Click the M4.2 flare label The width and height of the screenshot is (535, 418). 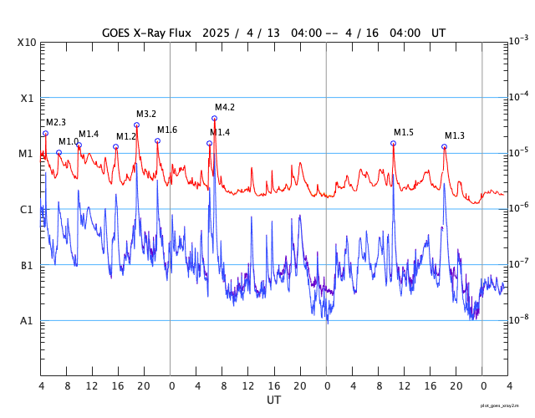pyautogui.click(x=225, y=108)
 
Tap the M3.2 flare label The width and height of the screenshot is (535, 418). pyautogui.click(x=146, y=115)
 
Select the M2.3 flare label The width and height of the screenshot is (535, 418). pyautogui.click(x=56, y=123)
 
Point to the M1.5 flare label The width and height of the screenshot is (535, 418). pyautogui.click(x=404, y=133)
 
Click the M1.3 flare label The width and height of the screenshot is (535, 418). pyautogui.click(x=455, y=136)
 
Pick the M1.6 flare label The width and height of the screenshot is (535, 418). pyautogui.click(x=167, y=130)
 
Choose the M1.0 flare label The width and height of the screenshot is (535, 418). pyautogui.click(x=69, y=142)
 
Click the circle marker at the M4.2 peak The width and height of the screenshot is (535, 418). pyautogui.click(x=214, y=118)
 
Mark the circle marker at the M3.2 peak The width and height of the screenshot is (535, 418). pyautogui.click(x=136, y=125)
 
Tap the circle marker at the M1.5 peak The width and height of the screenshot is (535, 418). pyautogui.click(x=393, y=144)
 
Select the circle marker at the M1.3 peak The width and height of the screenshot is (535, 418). pyautogui.click(x=444, y=147)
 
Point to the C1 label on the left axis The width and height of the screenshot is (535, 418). pyautogui.click(x=27, y=210)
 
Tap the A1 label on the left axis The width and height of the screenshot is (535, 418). pyautogui.click(x=27, y=321)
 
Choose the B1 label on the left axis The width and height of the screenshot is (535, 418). pyautogui.click(x=27, y=266)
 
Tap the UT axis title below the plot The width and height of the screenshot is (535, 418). pyautogui.click(x=273, y=400)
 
